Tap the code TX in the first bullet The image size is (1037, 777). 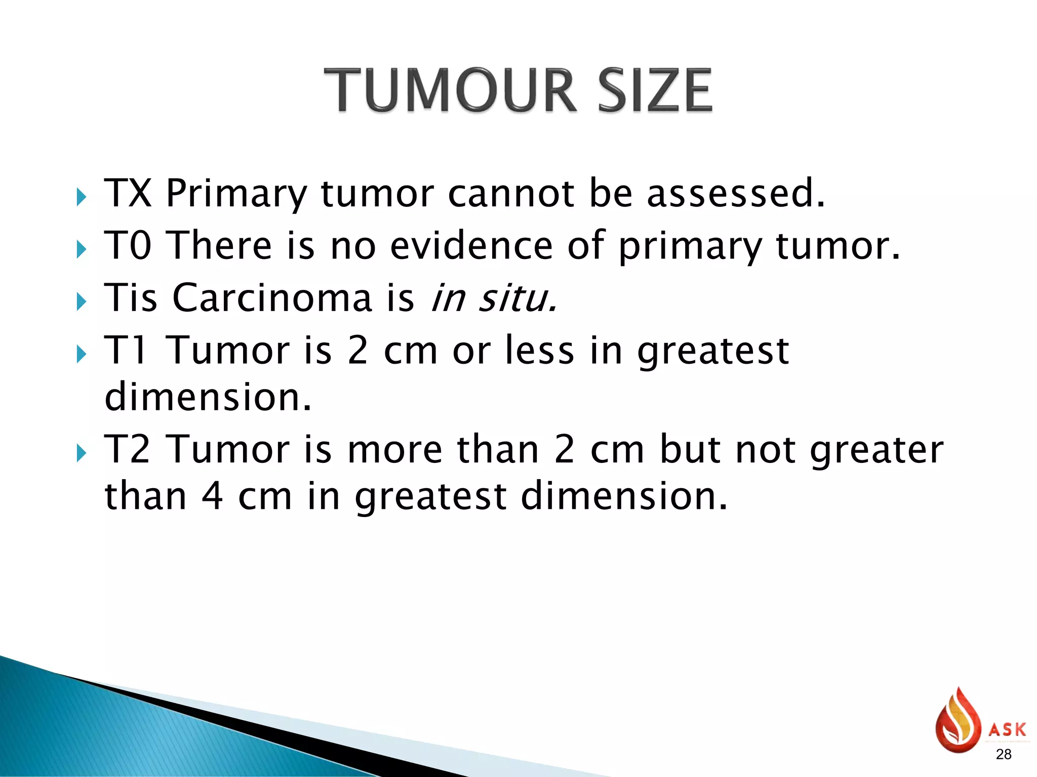(128, 193)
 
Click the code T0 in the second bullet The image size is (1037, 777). (128, 245)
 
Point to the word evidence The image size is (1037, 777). (471, 245)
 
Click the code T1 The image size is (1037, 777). (126, 350)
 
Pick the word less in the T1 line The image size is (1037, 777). (540, 350)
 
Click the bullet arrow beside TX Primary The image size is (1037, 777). (81, 197)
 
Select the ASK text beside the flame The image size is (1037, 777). (1007, 729)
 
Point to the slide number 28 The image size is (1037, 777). (1003, 754)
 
